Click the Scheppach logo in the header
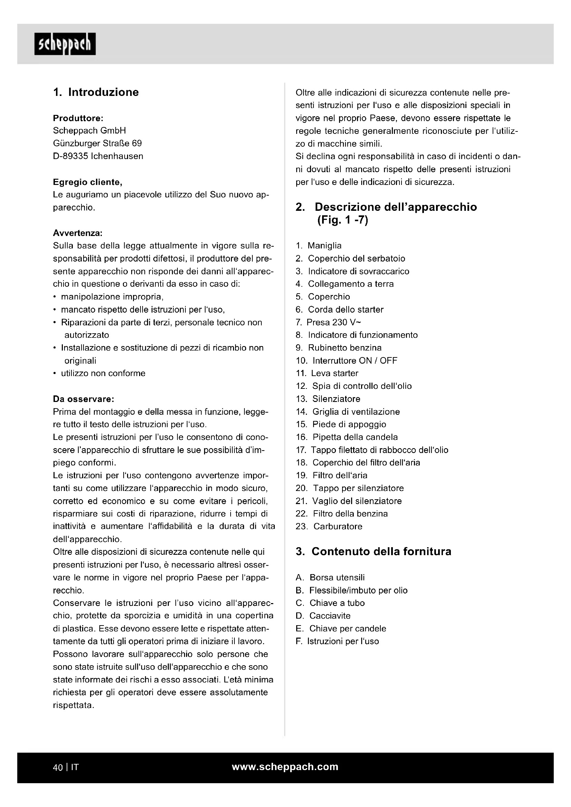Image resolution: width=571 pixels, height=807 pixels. (65, 44)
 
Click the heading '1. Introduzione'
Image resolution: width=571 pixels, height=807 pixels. (96, 92)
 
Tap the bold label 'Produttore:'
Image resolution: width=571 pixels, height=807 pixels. (78, 118)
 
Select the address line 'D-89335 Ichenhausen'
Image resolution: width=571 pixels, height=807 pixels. (98, 156)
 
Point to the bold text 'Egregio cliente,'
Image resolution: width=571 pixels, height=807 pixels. (88, 182)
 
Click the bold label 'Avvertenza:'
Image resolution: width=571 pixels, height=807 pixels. (78, 233)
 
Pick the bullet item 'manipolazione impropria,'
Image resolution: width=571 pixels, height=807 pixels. (112, 297)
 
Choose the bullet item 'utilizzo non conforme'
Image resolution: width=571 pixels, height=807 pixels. (103, 373)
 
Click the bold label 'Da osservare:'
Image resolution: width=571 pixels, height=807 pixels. (83, 399)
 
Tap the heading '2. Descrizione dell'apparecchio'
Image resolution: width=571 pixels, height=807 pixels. (386, 207)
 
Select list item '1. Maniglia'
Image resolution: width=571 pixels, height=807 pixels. (319, 245)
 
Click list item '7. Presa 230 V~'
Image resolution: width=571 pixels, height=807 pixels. (328, 322)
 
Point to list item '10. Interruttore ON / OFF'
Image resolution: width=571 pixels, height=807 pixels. (346, 360)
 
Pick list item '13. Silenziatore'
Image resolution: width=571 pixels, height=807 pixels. (328, 398)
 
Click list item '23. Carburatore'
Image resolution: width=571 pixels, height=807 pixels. (329, 526)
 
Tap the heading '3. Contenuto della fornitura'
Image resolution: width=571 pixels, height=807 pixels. (374, 551)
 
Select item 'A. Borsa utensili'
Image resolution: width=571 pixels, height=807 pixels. (330, 578)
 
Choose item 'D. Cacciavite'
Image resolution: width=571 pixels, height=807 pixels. (323, 616)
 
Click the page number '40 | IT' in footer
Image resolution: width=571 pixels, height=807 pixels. (66, 767)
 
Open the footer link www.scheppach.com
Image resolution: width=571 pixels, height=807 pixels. (285, 767)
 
